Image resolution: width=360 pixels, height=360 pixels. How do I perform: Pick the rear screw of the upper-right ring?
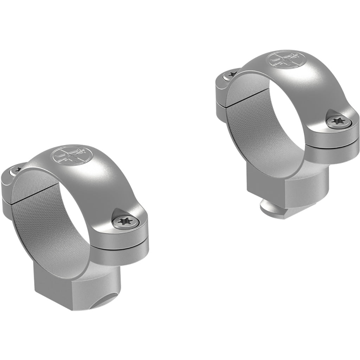pos(231,73)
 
